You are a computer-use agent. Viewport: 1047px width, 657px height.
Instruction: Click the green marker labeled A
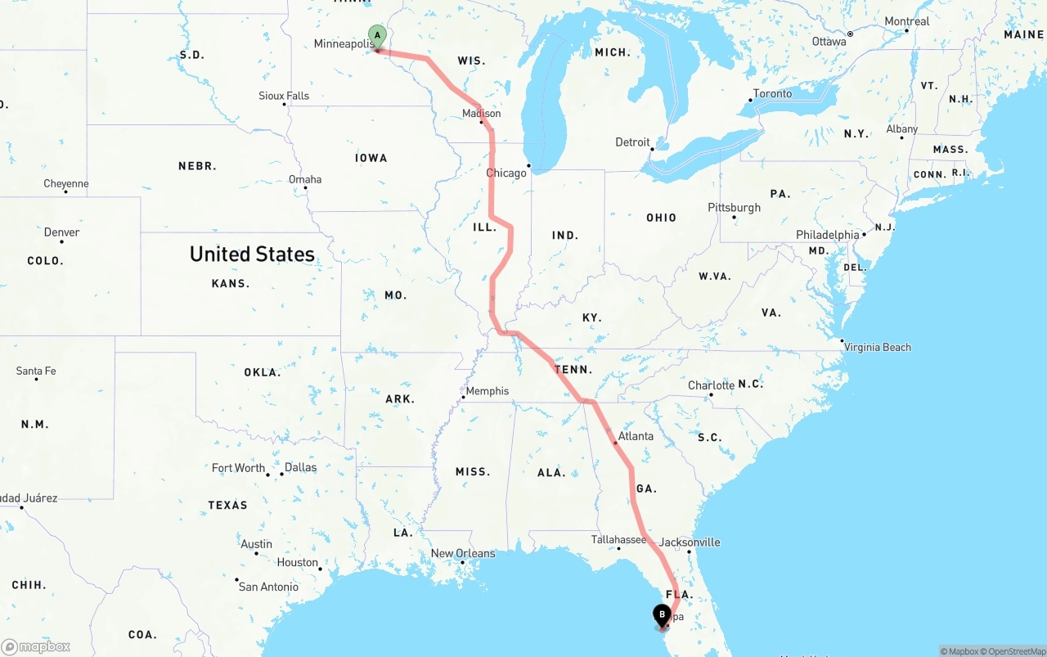pyautogui.click(x=377, y=36)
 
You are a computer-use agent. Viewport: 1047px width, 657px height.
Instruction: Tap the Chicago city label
pyautogui.click(x=506, y=173)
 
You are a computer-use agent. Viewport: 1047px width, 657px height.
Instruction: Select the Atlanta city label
pyautogui.click(x=636, y=436)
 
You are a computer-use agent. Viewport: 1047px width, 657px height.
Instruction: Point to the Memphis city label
pyautogui.click(x=488, y=391)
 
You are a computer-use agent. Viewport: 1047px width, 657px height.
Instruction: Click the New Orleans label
pyautogui.click(x=463, y=553)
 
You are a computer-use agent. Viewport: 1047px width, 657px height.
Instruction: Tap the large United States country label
pyautogui.click(x=252, y=254)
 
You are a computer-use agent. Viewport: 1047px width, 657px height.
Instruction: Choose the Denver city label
pyautogui.click(x=62, y=232)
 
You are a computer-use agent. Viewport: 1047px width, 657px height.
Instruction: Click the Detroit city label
pyautogui.click(x=632, y=142)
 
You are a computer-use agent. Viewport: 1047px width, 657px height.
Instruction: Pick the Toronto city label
pyautogui.click(x=773, y=93)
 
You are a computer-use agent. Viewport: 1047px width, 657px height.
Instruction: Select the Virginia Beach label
pyautogui.click(x=878, y=347)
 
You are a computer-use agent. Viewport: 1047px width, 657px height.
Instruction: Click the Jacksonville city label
pyautogui.click(x=690, y=542)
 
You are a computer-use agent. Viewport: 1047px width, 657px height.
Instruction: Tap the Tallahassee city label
pyautogui.click(x=619, y=539)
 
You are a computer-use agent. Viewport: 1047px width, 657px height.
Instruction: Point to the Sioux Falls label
pyautogui.click(x=284, y=96)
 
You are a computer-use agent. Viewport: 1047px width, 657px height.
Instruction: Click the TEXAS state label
pyautogui.click(x=227, y=505)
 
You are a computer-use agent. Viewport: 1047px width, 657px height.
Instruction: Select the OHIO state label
pyautogui.click(x=661, y=218)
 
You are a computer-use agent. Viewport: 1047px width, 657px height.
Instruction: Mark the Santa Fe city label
pyautogui.click(x=36, y=371)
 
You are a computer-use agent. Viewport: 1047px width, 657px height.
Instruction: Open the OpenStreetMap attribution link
pyautogui.click(x=1015, y=651)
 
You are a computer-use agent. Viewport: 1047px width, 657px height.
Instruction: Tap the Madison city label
pyautogui.click(x=482, y=114)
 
